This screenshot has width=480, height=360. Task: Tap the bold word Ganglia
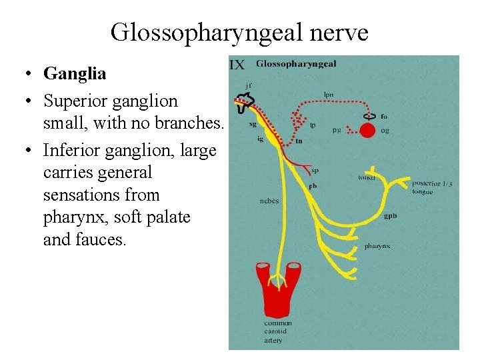[x=75, y=73]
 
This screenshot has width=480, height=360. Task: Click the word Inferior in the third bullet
[x=69, y=150]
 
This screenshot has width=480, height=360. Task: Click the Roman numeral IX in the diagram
[x=237, y=65]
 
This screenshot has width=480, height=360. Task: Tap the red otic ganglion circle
[x=367, y=131]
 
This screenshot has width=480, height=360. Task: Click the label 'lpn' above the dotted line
[x=329, y=95]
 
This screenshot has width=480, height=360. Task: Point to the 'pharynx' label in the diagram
[x=377, y=246]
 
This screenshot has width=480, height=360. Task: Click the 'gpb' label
[x=391, y=216]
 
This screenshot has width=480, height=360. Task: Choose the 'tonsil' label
[x=367, y=178]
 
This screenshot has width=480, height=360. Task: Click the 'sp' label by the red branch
[x=315, y=171]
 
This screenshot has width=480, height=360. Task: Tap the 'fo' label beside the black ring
[x=385, y=117]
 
